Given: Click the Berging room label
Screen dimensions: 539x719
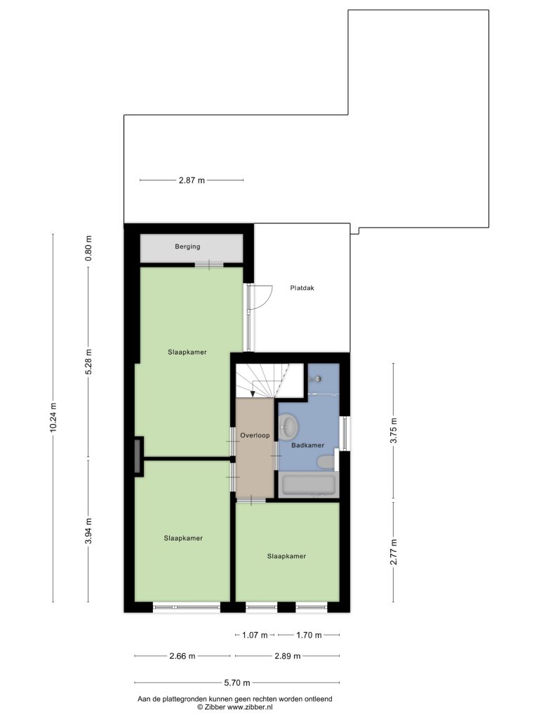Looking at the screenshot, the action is click(187, 246).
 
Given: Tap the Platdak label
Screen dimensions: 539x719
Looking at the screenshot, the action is click(302, 288).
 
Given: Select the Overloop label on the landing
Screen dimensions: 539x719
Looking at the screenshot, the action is click(255, 435).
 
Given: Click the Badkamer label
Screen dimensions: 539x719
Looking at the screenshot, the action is click(308, 444).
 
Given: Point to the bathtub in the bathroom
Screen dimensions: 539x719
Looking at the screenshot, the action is click(308, 485).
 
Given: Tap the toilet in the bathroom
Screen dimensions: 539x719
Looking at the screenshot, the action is click(327, 462).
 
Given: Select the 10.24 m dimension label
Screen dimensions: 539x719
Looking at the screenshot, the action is click(53, 418).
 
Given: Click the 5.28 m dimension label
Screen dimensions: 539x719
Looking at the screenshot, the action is click(89, 362).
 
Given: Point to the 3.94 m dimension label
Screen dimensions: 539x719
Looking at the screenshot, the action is click(89, 531).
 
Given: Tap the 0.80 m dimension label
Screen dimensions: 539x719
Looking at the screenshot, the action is click(89, 248).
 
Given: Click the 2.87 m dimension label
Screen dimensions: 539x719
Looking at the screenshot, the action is click(192, 180).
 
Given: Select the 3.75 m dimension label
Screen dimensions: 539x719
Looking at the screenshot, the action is click(393, 430).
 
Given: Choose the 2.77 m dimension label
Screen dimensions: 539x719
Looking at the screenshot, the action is click(393, 552).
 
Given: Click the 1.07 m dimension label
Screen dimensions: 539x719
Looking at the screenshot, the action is click(255, 635).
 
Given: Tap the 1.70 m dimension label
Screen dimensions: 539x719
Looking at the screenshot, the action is click(309, 635).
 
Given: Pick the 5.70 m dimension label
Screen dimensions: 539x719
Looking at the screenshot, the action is click(237, 682).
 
